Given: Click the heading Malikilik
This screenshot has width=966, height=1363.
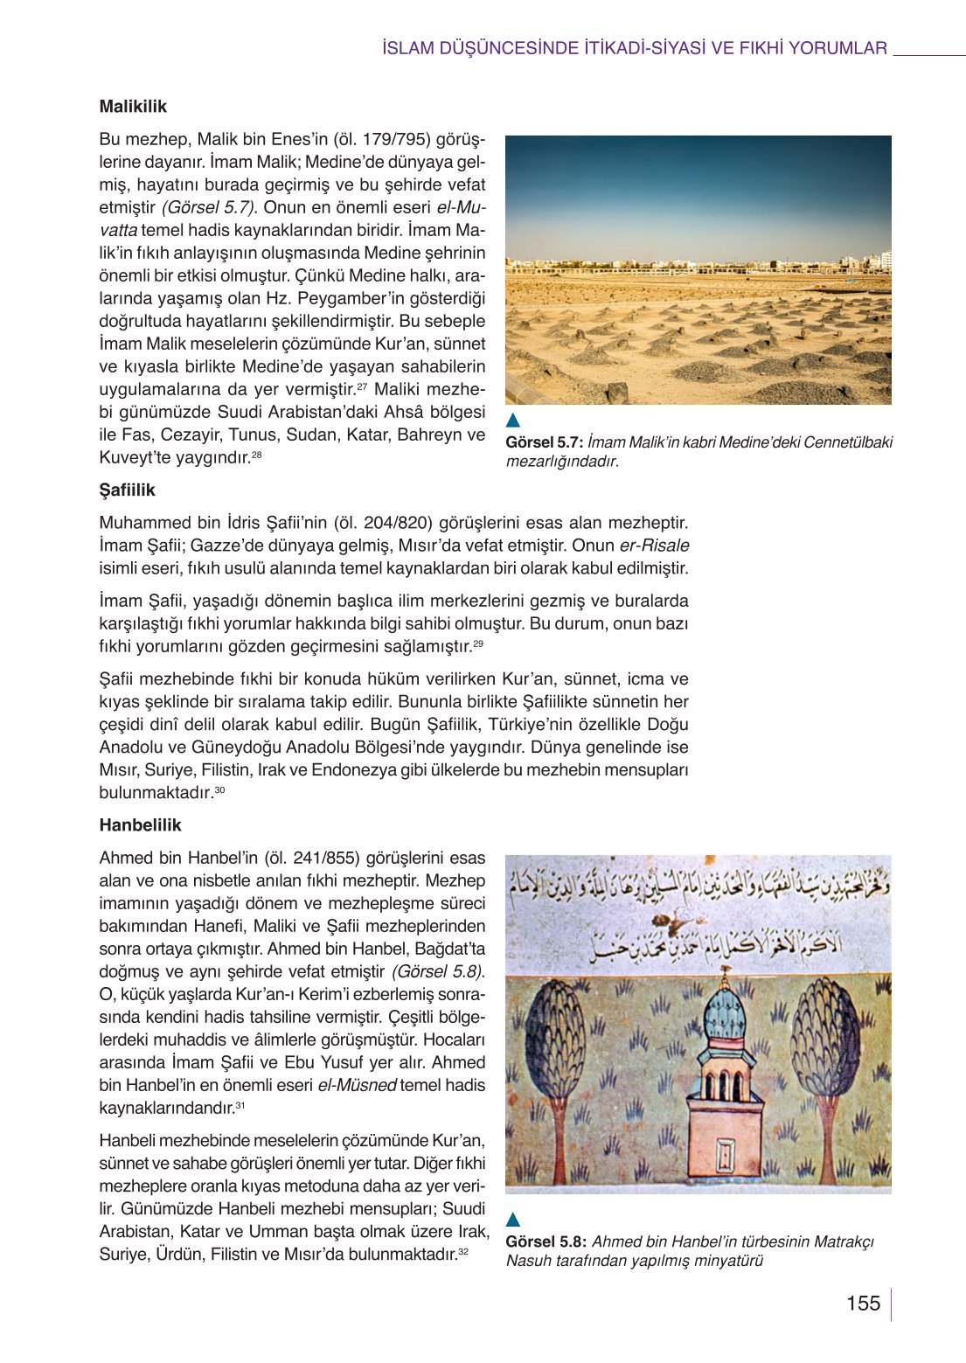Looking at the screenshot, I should [x=133, y=107].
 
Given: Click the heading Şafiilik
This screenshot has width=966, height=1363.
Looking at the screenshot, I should [x=127, y=490].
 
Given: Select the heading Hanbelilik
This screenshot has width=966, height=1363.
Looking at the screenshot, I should [x=140, y=824].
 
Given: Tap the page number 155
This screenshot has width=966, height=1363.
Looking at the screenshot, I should [x=863, y=1304].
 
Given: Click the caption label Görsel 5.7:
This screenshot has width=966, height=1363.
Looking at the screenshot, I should [x=544, y=442].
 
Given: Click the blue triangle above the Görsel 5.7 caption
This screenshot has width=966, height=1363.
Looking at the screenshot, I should [x=513, y=421].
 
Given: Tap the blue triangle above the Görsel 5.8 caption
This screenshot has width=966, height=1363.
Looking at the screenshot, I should [x=513, y=1220].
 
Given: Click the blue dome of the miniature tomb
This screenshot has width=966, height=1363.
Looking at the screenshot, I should [x=725, y=1013].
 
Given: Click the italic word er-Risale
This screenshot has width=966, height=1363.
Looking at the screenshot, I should [x=654, y=546].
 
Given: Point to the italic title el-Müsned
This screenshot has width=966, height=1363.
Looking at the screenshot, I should [x=357, y=1085].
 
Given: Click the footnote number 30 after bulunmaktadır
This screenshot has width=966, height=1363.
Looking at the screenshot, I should [x=219, y=790].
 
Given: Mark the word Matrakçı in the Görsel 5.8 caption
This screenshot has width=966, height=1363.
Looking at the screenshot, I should [x=844, y=1241].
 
